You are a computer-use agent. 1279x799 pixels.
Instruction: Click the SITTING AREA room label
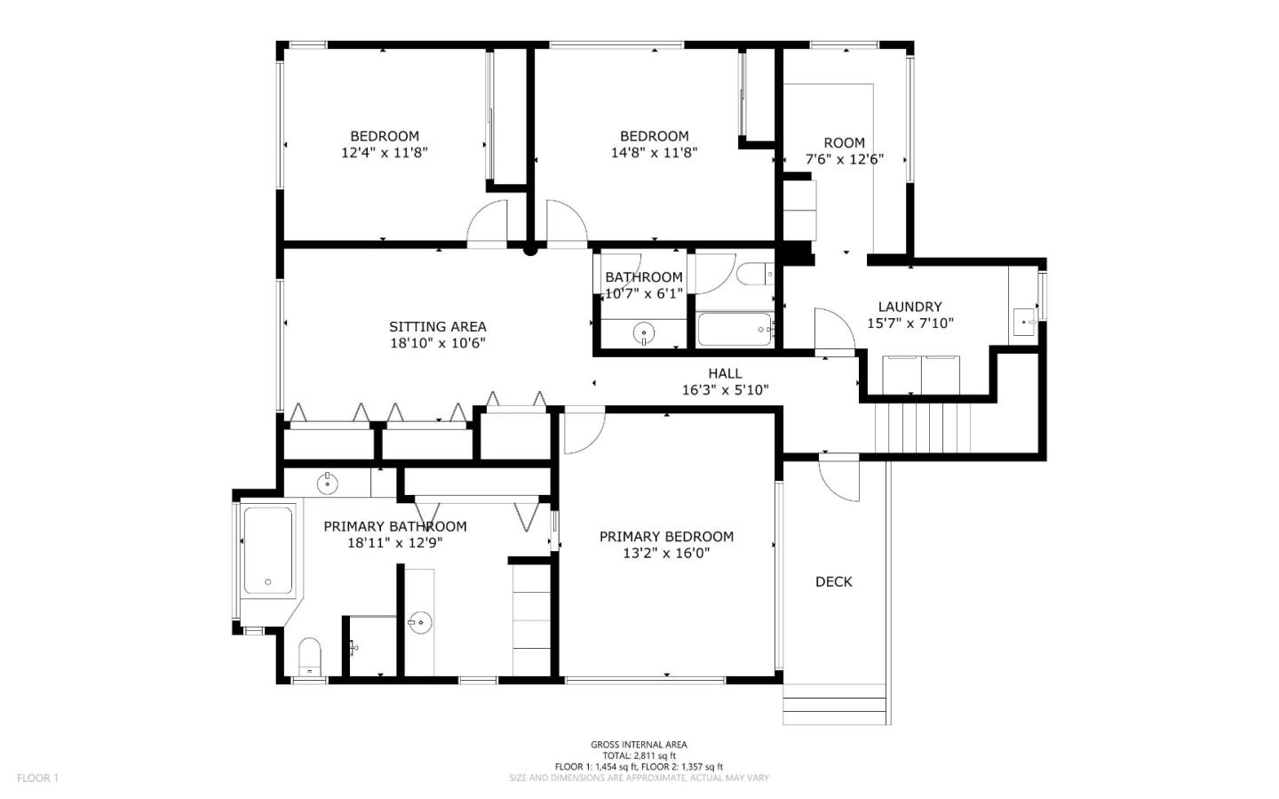click(437, 327)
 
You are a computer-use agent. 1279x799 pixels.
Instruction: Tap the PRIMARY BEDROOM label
click(666, 537)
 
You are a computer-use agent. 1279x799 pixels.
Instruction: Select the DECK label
click(834, 582)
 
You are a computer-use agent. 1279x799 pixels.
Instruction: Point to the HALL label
click(725, 374)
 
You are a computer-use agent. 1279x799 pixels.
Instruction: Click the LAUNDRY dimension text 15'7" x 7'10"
click(910, 324)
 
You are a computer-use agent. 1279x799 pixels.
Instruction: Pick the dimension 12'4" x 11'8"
click(385, 153)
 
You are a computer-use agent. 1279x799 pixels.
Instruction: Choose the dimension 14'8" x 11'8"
click(655, 153)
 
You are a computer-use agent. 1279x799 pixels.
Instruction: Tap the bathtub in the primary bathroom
click(268, 551)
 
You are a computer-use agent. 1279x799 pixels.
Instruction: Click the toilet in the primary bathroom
click(310, 658)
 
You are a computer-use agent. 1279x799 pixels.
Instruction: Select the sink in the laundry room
click(1024, 323)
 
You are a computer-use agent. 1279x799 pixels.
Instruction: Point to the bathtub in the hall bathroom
click(735, 329)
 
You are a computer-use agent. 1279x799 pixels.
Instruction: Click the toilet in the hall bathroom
click(755, 274)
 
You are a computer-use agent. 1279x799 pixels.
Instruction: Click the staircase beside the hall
click(923, 427)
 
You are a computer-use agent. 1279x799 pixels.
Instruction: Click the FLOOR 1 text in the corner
click(37, 778)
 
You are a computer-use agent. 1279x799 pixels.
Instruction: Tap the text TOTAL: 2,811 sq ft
click(639, 755)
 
